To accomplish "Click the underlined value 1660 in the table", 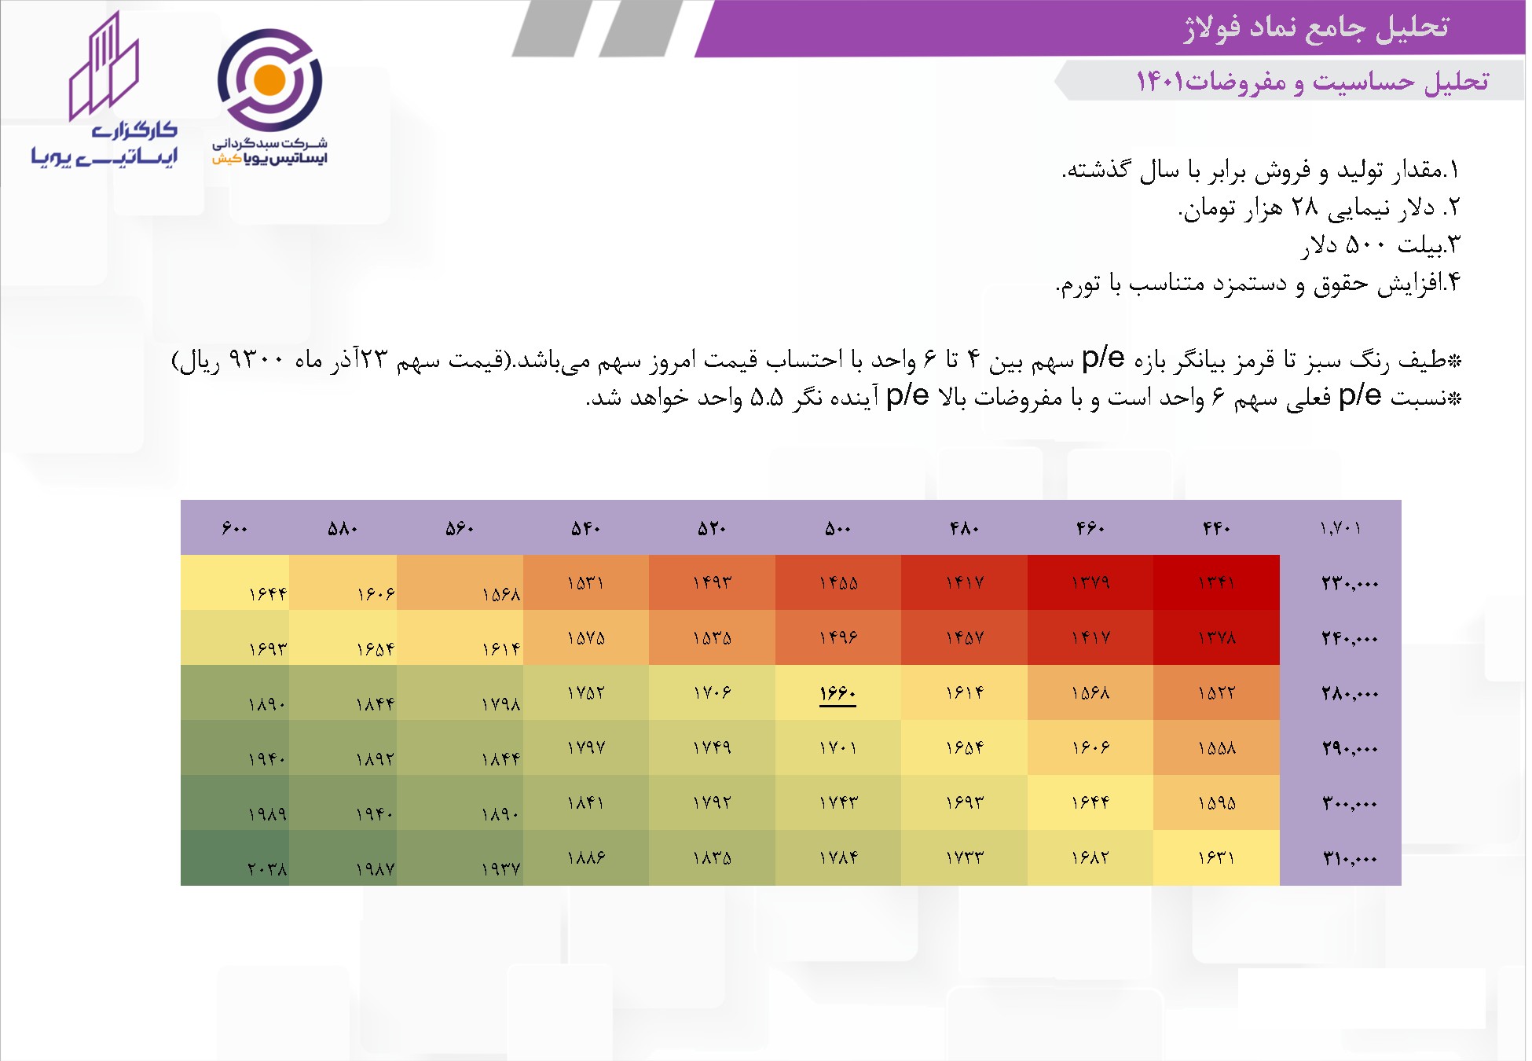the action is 837,693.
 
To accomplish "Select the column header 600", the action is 235,528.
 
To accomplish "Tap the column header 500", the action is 837,528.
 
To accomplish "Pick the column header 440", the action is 1216,528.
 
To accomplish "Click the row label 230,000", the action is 1350,583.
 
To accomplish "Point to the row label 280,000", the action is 1350,693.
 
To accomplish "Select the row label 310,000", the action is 1350,858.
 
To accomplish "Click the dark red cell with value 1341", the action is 1216,582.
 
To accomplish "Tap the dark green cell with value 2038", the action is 235,858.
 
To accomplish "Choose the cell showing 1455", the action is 838,582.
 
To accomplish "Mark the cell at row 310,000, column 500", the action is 838,858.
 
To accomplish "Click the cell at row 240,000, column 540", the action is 586,637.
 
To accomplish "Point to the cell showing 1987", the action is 343,858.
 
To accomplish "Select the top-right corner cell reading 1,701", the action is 1340,528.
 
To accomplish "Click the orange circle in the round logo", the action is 269,79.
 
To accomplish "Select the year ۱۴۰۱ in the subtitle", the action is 1160,81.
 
